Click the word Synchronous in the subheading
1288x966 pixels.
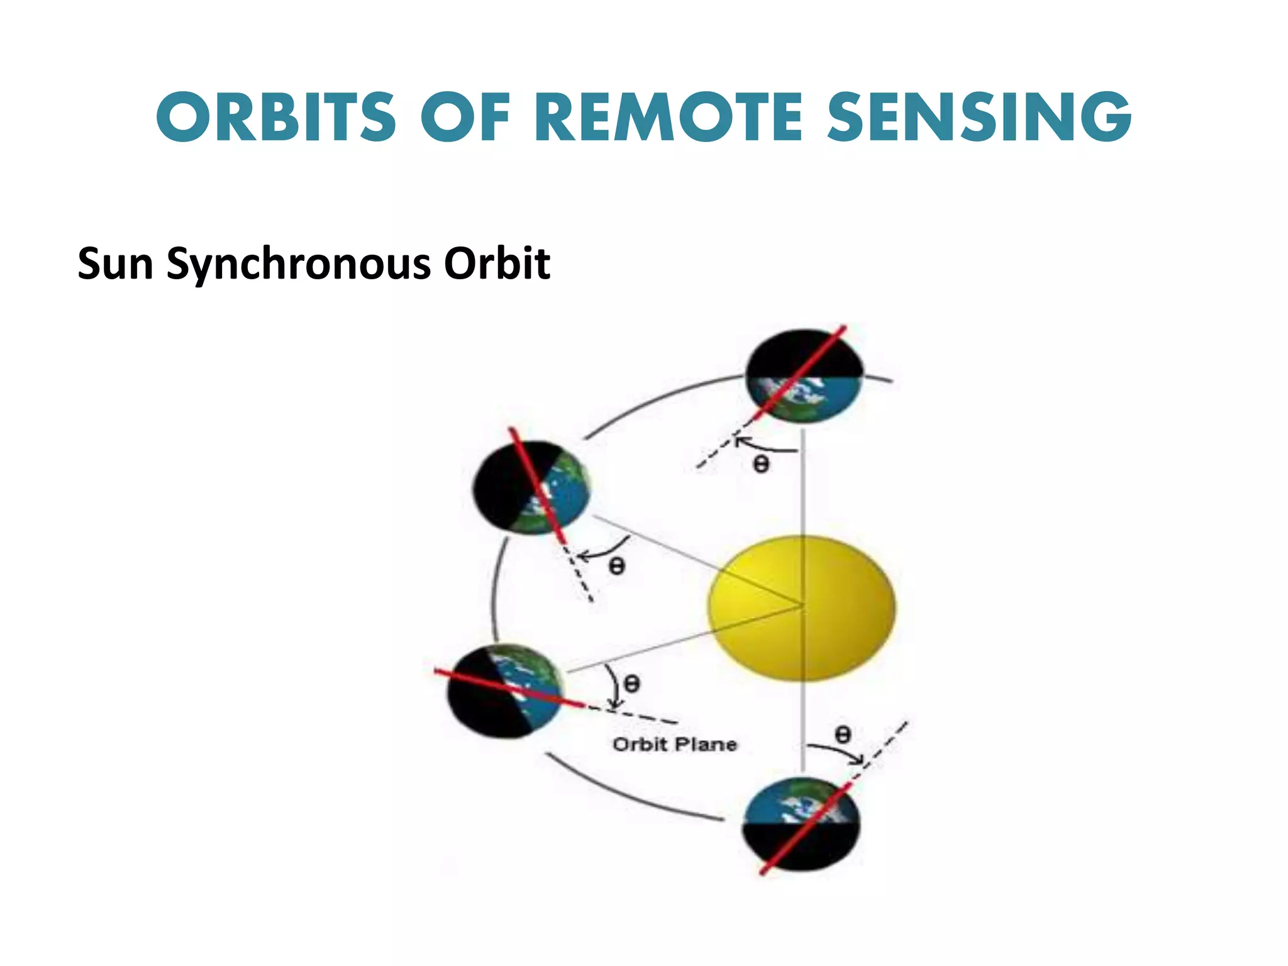(298, 264)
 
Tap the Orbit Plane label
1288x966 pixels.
(674, 745)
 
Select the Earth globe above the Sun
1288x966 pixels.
(804, 376)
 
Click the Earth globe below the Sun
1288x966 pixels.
(801, 824)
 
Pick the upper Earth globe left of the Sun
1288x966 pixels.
(531, 488)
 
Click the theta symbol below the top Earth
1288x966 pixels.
(761, 465)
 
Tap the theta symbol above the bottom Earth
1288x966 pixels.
(843, 734)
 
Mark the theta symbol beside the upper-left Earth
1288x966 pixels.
(617, 567)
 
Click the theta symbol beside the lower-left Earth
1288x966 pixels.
(631, 683)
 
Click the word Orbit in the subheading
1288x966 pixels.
(497, 264)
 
